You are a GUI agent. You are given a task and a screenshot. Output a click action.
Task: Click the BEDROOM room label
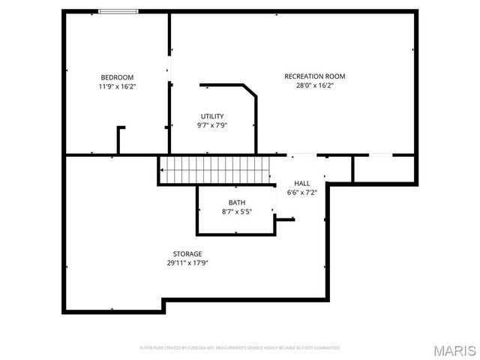tap(117, 77)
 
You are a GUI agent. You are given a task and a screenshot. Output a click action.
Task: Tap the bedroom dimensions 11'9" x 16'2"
tap(117, 86)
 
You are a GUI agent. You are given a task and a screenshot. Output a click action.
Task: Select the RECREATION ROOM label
tap(314, 76)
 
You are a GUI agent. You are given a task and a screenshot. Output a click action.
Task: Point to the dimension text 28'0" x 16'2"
tap(314, 85)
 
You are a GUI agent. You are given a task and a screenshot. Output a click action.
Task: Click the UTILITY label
tap(212, 116)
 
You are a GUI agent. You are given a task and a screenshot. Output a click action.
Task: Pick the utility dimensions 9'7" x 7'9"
tap(212, 125)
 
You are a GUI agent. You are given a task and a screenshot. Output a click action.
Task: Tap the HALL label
tap(302, 183)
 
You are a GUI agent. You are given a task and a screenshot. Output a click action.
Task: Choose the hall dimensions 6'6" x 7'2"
tap(302, 192)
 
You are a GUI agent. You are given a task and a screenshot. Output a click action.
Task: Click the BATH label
tap(237, 202)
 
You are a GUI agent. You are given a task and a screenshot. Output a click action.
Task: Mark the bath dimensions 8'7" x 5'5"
tap(237, 211)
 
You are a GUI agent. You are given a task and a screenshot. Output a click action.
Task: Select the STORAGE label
tap(187, 254)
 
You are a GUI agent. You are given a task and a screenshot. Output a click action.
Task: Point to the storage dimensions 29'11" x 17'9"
tap(187, 263)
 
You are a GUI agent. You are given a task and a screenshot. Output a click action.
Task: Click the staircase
tap(215, 169)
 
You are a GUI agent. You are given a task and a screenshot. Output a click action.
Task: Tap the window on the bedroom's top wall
tap(118, 11)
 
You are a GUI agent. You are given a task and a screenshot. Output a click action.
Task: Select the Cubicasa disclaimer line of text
tap(240, 348)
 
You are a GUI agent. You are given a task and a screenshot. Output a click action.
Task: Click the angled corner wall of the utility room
tap(250, 90)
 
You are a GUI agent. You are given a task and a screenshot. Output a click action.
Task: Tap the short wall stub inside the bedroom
tap(118, 139)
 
